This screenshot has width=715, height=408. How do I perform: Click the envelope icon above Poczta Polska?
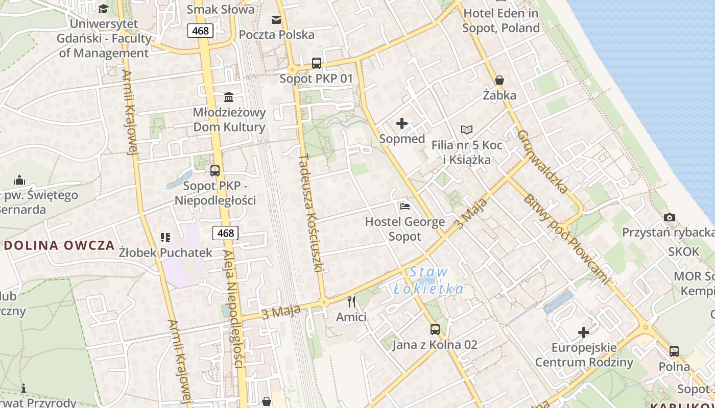[x=276, y=20]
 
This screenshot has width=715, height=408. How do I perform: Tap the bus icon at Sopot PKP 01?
[x=317, y=63]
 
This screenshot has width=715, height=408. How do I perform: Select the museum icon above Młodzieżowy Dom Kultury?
[x=229, y=97]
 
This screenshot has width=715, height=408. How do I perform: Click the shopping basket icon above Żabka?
[x=499, y=80]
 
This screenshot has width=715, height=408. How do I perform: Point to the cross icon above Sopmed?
[x=402, y=123]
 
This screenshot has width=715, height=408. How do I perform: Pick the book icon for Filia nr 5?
[x=466, y=130]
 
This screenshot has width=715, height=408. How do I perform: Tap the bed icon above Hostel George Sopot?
[x=404, y=207]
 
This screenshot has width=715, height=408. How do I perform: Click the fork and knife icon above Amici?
[x=351, y=302]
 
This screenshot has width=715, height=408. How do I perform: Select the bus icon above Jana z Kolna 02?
[x=435, y=329]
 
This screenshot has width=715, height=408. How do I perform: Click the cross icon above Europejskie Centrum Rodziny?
[x=584, y=333]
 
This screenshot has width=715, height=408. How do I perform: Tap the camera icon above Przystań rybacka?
[x=670, y=218]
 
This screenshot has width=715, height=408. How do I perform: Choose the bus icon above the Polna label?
[x=674, y=351]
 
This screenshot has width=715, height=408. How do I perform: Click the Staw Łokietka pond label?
[x=429, y=280]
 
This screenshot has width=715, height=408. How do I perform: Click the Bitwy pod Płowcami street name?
[x=566, y=238]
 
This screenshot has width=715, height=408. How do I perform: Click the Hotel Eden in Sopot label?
[x=500, y=20]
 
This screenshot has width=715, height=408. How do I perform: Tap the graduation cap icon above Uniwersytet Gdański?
[x=104, y=9]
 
